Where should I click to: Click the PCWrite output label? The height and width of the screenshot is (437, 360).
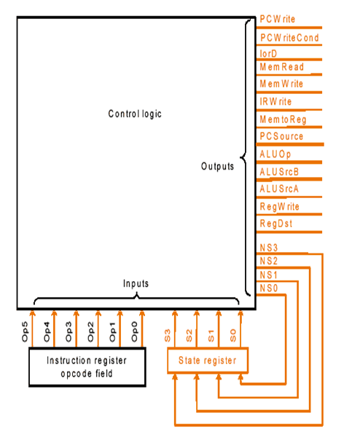point(278,19)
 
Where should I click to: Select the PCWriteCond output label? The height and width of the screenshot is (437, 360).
point(289,38)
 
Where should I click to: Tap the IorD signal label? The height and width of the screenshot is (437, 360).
point(268,53)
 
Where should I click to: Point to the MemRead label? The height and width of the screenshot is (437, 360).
point(281,67)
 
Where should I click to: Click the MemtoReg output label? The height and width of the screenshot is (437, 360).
point(283,119)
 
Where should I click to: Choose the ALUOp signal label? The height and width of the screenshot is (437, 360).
point(275,154)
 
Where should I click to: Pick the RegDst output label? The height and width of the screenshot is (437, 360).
point(276,224)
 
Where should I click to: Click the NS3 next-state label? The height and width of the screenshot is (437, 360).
point(269,248)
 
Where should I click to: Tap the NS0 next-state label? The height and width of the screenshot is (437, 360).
point(269,288)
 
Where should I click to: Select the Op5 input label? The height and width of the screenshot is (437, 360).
point(25,331)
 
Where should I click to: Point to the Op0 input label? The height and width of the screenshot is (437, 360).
point(134,331)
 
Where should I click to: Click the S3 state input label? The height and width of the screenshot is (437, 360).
point(168,336)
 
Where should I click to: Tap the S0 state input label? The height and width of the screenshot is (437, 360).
point(233,336)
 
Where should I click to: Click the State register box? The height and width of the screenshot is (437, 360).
point(208,360)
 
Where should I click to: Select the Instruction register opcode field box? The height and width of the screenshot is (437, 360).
point(87,367)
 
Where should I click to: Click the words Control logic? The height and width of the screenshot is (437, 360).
point(135,114)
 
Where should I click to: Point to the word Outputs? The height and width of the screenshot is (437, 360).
point(217,166)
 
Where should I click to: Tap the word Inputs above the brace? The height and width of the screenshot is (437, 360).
point(136,283)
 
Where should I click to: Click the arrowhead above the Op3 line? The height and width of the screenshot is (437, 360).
point(76,314)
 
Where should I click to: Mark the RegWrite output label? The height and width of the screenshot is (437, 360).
point(279,207)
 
